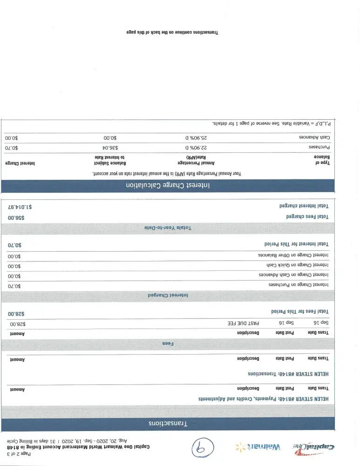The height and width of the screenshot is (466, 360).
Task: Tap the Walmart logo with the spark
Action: tap(259, 447)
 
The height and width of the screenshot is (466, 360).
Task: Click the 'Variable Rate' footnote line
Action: tap(273, 123)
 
